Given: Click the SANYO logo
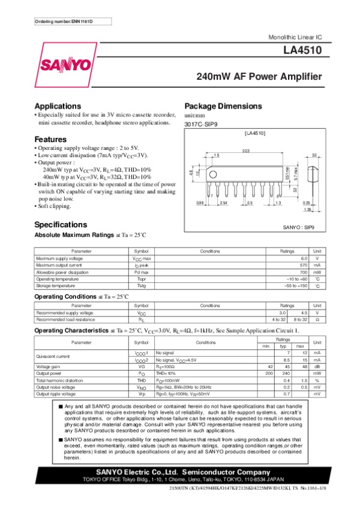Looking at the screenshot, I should coord(66,64).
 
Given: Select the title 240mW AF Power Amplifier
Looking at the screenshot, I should coord(259,77).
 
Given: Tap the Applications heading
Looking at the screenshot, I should coord(58,106).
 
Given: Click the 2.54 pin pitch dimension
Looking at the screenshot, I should coord(224,203).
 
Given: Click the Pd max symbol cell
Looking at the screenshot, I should coord(142,272).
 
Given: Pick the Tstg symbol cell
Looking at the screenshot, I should coord(142,286).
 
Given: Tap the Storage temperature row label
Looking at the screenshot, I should coord(55,286).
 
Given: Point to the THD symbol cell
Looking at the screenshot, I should coord(142,380).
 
